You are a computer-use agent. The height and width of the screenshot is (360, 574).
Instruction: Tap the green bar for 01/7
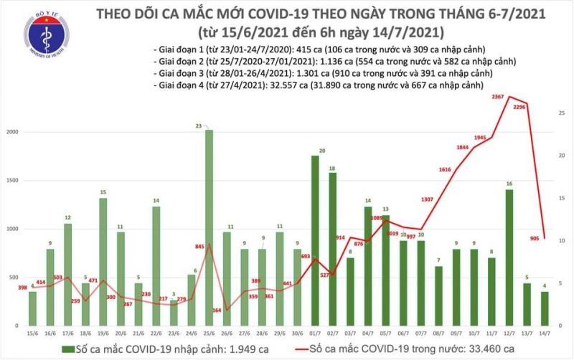coord(314,244)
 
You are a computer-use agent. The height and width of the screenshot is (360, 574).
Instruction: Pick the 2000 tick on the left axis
coord(12,133)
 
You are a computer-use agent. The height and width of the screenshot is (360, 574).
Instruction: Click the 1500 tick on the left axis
coord(12,181)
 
